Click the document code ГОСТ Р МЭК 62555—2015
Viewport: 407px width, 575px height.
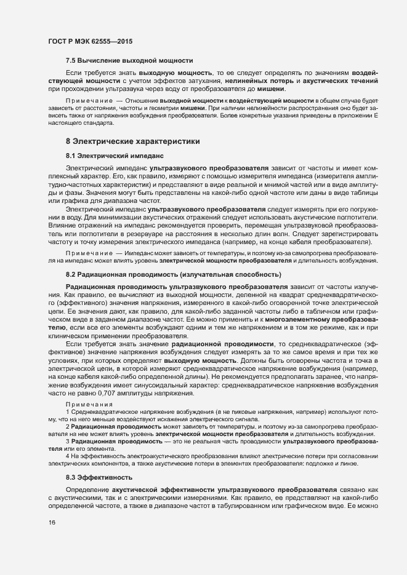click(90, 41)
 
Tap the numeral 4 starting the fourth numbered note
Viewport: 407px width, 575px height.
click(67, 438)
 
